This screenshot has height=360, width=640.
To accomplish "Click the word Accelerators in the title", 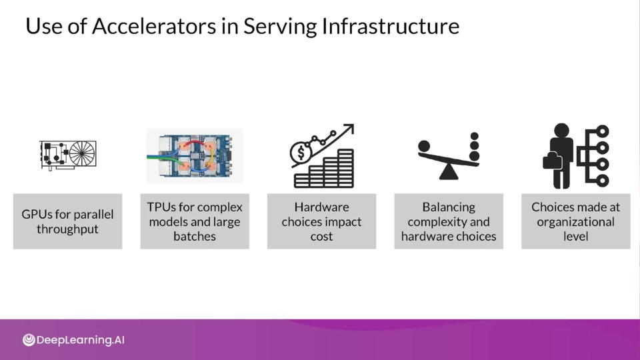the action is [154, 26].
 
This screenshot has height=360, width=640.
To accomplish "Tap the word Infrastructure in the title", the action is [390, 26].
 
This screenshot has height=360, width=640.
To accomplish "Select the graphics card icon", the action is [68, 155].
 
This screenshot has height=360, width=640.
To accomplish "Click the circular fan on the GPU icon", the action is [82, 153].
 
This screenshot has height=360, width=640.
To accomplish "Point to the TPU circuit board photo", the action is [195, 156].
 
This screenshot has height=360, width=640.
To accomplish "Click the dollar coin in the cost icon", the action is [301, 153].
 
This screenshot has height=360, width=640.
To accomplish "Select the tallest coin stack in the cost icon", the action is [346, 168].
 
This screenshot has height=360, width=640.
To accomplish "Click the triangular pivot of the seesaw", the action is [449, 172].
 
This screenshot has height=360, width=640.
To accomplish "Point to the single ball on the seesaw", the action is [424, 146].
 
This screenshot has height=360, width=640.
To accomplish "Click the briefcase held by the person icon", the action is [552, 161].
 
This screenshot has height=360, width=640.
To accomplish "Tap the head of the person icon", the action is [561, 130].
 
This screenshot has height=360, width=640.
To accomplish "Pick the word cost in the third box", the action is [321, 236].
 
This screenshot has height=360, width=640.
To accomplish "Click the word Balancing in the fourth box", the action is [449, 207].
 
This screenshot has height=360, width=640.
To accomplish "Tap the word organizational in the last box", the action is [575, 222].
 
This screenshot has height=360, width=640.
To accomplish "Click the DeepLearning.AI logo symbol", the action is [29, 340].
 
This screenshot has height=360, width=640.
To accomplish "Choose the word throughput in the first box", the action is [67, 229].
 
